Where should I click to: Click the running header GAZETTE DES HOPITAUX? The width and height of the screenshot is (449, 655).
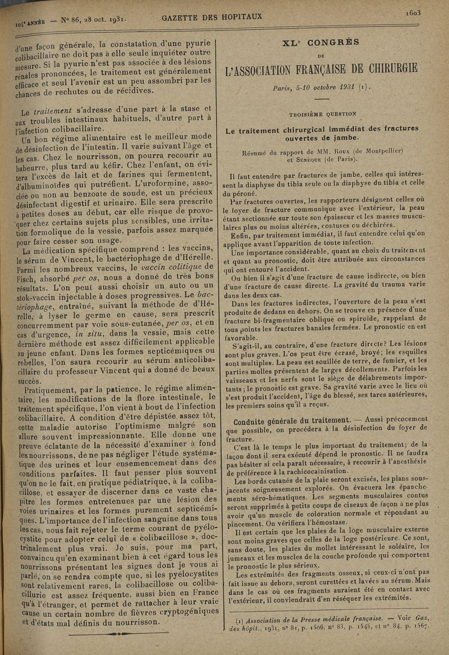coord(212,17)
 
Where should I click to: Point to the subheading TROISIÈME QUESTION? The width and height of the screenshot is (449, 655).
coord(322,113)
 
